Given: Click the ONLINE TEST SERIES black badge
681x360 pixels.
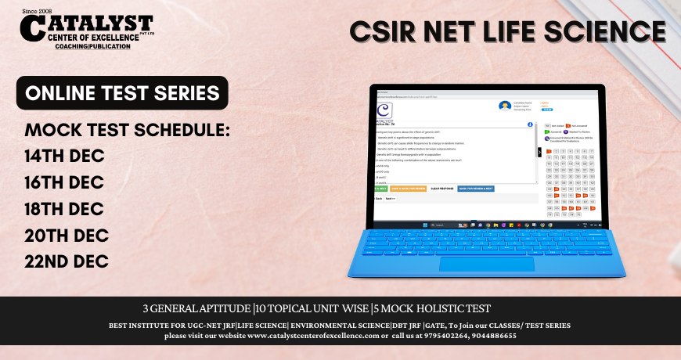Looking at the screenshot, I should [x=122, y=93].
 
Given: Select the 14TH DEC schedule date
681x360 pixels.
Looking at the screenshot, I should [x=64, y=155].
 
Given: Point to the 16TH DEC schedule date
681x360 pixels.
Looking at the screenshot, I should [x=64, y=182].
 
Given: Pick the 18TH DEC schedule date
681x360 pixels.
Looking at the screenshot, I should [x=64, y=208].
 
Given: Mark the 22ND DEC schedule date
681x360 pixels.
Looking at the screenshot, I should [x=67, y=261].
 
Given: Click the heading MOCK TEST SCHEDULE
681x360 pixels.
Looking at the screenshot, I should [x=128, y=129].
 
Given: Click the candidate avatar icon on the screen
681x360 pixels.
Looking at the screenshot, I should [x=503, y=106].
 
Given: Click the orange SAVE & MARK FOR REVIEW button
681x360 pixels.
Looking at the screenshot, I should [x=407, y=189].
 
